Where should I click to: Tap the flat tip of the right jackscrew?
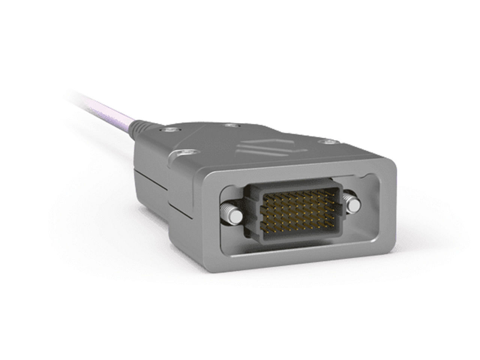353,205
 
